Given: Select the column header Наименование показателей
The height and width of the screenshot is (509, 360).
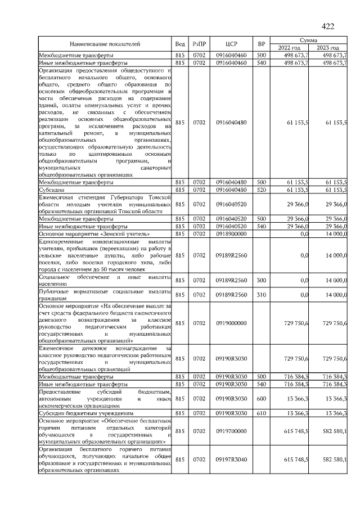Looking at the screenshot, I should tap(105, 44).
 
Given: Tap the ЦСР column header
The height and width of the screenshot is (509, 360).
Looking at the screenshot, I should tap(232, 44).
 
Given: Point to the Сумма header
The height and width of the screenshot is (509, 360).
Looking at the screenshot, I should tap(308, 40).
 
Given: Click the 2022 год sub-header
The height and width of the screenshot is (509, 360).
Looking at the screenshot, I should tap(289, 48).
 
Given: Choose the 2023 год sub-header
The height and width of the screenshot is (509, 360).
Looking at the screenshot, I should tap(328, 48).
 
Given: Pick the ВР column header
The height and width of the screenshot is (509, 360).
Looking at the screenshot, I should tap(261, 44).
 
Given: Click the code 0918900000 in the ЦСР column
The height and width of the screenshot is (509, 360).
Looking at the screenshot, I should tap(232, 233).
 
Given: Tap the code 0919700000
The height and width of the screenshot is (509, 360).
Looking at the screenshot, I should tap(232, 431).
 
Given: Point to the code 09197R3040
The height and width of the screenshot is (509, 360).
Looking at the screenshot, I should tap(232, 460).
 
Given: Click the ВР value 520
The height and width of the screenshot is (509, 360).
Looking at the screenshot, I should tap(261, 190).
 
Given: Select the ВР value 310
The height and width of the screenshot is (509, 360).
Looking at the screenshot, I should tap(261, 294).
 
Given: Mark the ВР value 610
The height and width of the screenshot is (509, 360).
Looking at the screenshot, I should tap(261, 413).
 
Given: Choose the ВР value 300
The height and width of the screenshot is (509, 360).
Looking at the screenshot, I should tap(261, 280).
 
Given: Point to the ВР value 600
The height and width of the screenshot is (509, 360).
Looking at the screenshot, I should tap(261, 398).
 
